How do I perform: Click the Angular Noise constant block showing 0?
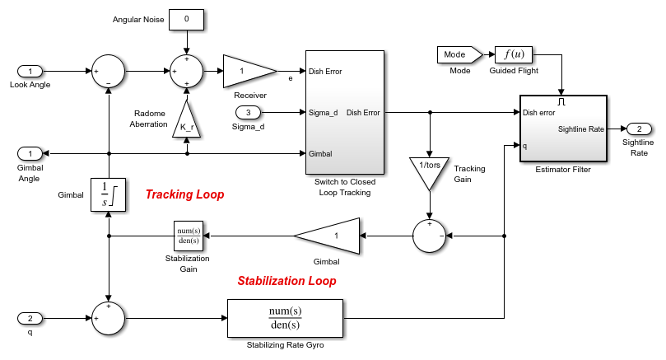(x=187, y=19)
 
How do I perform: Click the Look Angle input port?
(x=30, y=72)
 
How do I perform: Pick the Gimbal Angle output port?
(x=30, y=153)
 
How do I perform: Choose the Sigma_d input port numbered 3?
(x=249, y=112)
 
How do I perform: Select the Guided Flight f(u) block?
(x=515, y=55)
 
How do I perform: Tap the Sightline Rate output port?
(x=639, y=129)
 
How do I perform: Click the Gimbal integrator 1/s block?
(x=109, y=194)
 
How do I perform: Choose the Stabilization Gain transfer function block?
(x=189, y=236)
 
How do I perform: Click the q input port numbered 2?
(x=30, y=318)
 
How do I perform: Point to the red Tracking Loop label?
(x=184, y=195)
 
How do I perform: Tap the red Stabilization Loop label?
(x=286, y=281)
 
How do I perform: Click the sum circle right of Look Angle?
(x=109, y=72)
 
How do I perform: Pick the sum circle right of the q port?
(x=109, y=318)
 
